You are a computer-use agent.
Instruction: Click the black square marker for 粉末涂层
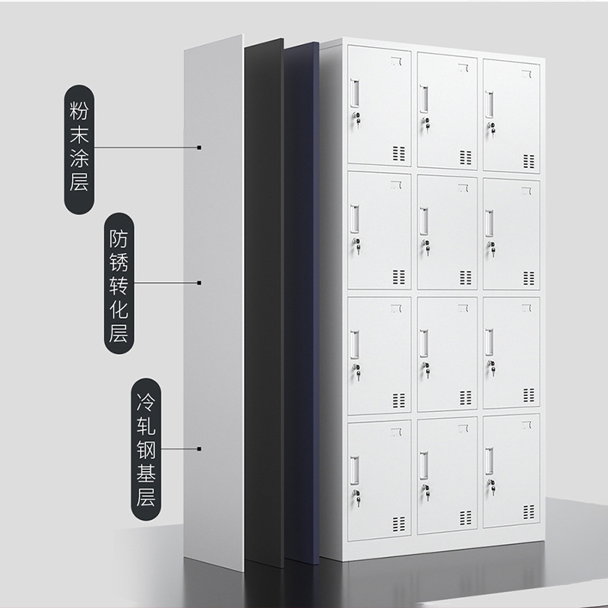[x=198, y=147]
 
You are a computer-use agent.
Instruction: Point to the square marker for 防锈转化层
[x=198, y=283]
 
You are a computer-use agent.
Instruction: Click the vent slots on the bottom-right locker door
[x=527, y=523]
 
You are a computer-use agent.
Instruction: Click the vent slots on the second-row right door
[x=527, y=278]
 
